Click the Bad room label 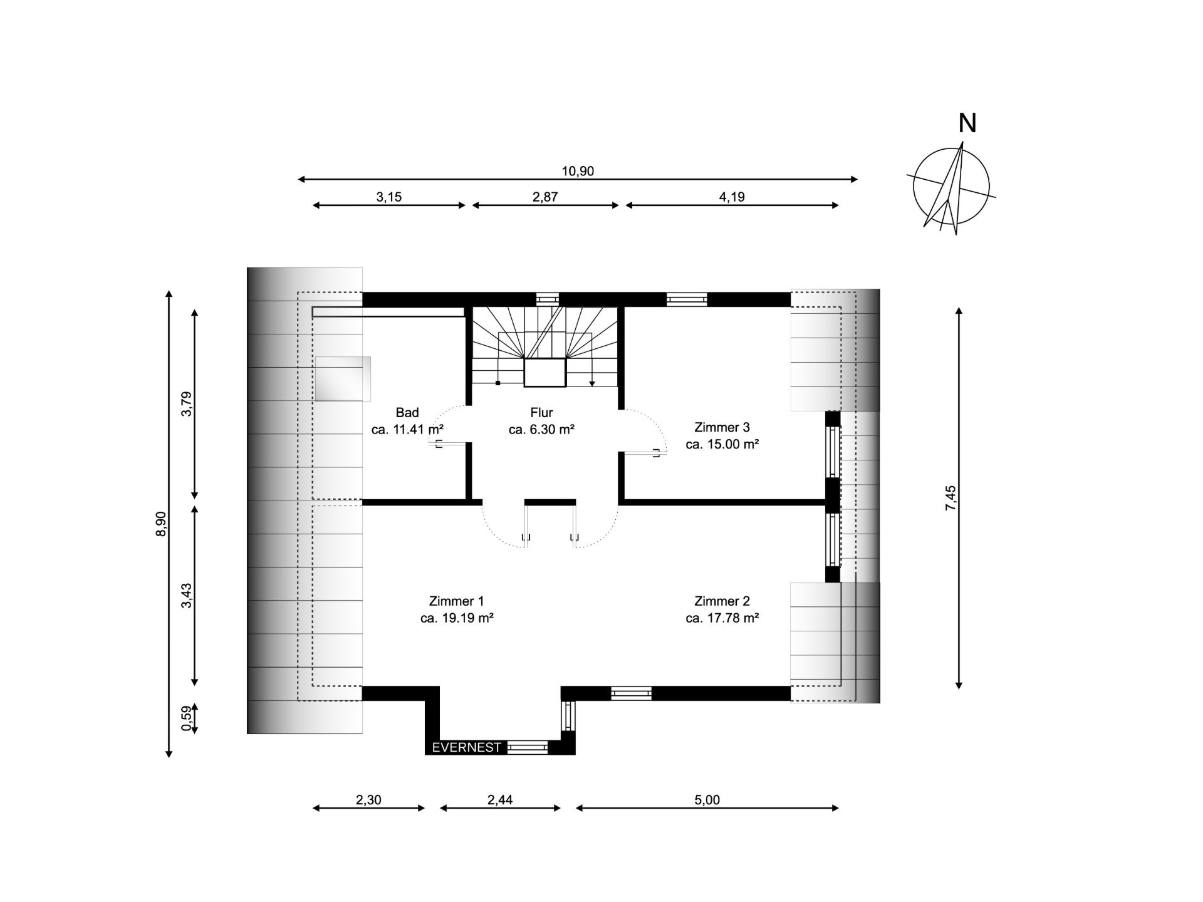407,413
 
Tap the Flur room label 541,413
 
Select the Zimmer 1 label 457,601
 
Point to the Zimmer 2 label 722,601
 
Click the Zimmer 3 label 722,428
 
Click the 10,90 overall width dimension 578,171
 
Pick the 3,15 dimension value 388,197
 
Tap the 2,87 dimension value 545,197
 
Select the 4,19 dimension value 732,197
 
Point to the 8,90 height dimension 161,524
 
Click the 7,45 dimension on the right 950,499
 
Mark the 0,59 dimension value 186,718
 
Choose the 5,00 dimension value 707,800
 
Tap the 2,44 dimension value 500,800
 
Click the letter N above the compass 967,123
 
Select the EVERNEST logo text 467,747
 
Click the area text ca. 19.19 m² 457,618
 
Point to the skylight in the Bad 343,379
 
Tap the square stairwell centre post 545,373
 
